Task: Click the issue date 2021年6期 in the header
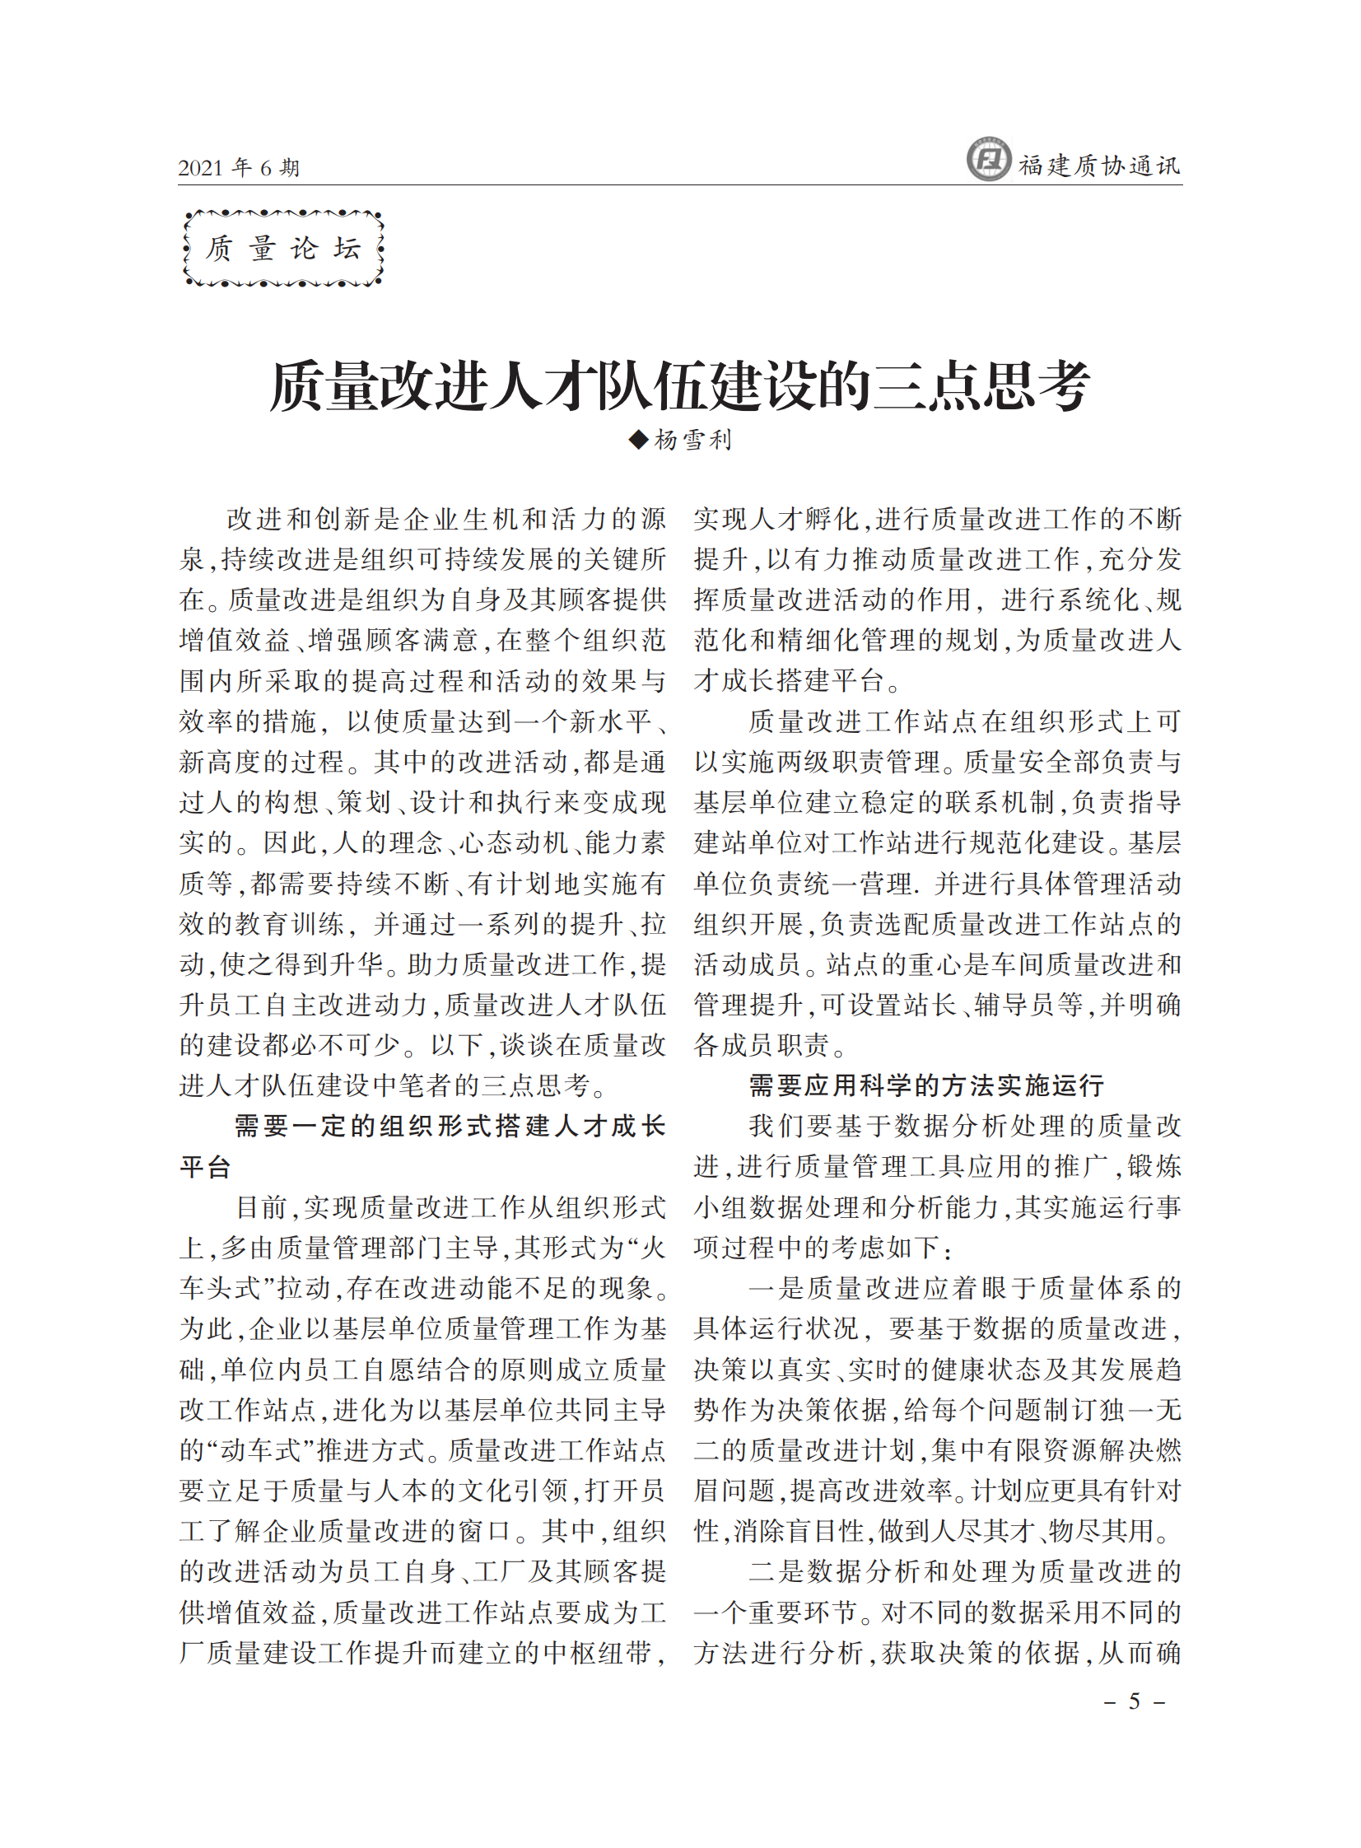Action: (x=238, y=168)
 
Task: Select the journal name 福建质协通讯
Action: (x=1099, y=166)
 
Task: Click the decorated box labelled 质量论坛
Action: (x=283, y=249)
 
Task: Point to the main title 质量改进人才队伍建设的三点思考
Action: (x=679, y=385)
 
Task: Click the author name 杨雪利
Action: (x=693, y=440)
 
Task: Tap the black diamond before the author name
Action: (x=638, y=440)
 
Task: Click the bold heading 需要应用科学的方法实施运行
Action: (x=926, y=1086)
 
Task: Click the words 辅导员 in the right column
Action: (x=1016, y=1006)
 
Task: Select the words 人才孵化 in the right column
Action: (x=791, y=519)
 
